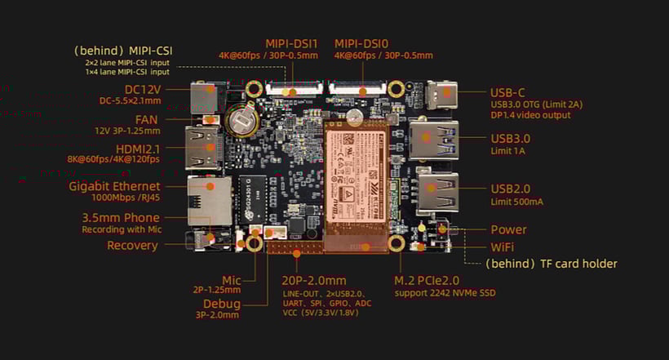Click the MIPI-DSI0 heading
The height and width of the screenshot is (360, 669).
(362, 43)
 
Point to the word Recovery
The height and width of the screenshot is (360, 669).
(132, 246)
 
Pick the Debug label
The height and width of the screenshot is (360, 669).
(222, 304)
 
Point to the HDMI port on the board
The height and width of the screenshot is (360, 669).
(204, 149)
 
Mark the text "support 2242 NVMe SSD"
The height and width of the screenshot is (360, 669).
(445, 292)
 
